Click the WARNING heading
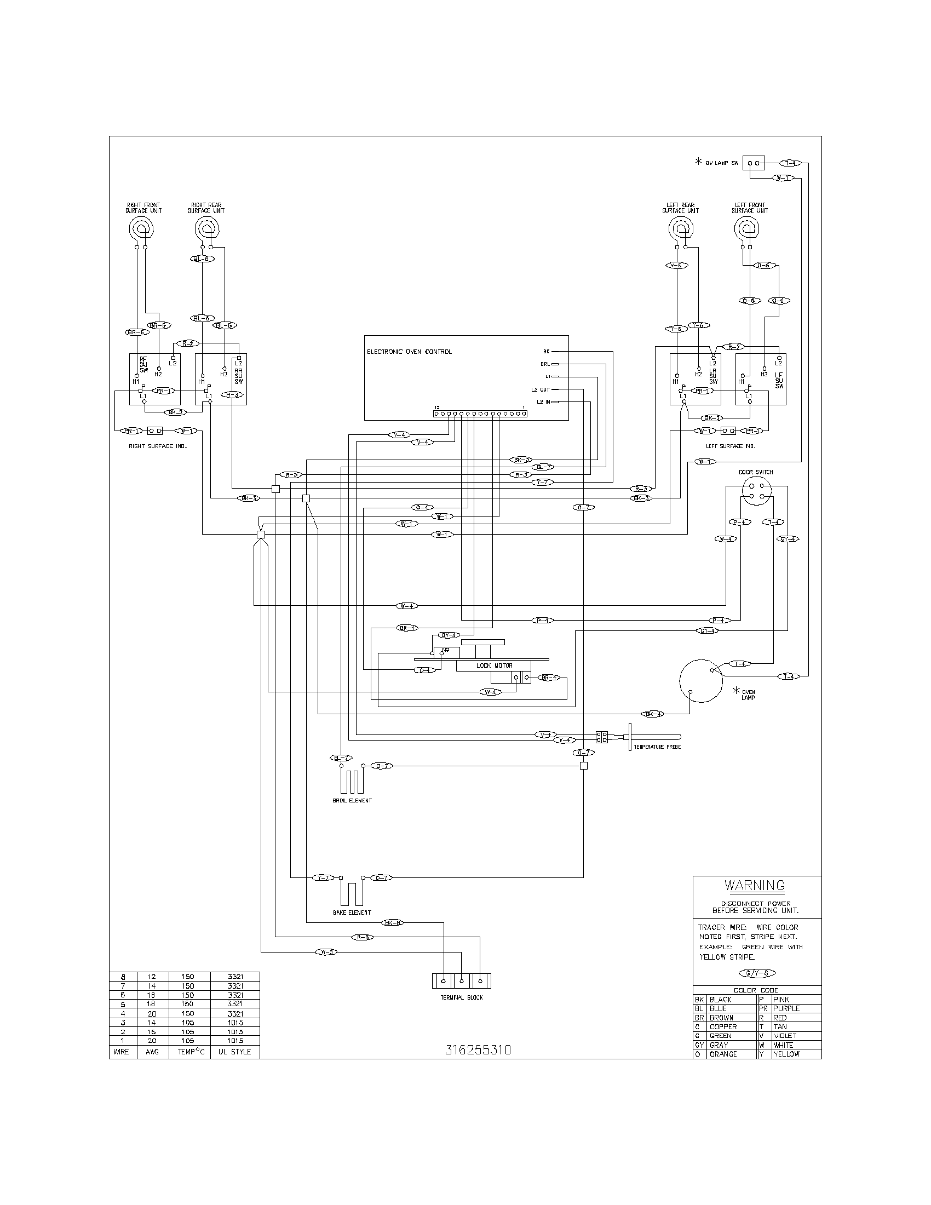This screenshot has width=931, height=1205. [754, 886]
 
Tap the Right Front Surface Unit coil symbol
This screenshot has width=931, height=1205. [142, 227]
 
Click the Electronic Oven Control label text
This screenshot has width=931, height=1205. [409, 352]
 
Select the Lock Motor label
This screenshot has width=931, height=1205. [494, 665]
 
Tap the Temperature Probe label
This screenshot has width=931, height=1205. [657, 747]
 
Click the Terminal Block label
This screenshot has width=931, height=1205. [462, 997]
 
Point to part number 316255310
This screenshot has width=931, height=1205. [478, 1050]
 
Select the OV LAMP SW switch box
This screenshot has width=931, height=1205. [754, 163]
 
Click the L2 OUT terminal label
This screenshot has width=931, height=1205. [541, 389]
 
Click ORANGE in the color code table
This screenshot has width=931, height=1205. [723, 1054]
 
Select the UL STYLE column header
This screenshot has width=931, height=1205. [234, 1052]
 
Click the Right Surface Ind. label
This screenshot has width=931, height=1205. [158, 446]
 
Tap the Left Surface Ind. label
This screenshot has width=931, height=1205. [730, 446]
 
